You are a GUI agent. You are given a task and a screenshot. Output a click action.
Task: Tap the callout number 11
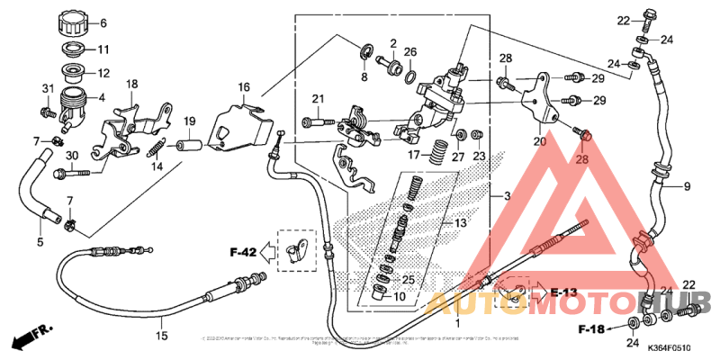tap(103, 49)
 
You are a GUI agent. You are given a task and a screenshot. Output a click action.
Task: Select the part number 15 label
tap(162, 336)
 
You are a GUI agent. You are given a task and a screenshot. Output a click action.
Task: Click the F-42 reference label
tap(244, 253)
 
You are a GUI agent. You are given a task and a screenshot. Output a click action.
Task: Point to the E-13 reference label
tap(564, 292)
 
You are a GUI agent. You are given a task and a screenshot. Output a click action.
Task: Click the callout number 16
tap(243, 87)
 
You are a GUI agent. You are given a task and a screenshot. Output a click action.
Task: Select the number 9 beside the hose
tap(686, 187)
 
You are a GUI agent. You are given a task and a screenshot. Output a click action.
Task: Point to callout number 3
tap(508, 196)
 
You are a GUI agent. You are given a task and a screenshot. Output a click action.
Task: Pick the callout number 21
tap(318, 98)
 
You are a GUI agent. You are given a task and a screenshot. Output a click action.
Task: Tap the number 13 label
tap(460, 222)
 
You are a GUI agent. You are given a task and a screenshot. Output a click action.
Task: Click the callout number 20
tap(539, 141)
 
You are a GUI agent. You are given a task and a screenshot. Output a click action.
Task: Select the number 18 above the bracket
tap(131, 84)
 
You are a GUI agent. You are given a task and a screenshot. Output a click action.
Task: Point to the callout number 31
tap(48, 87)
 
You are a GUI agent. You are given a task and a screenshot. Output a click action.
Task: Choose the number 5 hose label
tap(40, 242)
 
